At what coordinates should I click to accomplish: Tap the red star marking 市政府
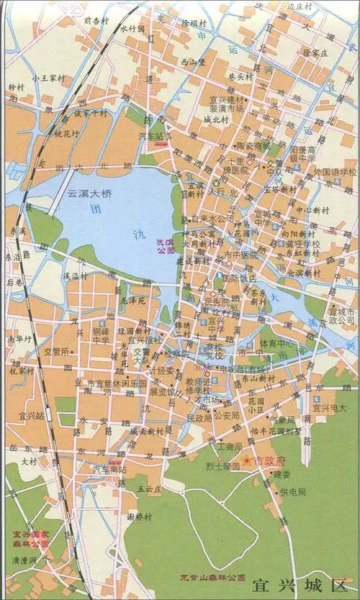246,460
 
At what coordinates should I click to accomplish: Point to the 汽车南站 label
107,469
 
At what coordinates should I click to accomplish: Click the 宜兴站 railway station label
32,416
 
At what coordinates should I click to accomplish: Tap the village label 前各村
96,21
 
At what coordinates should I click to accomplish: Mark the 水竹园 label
132,29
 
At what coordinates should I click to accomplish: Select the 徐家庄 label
315,53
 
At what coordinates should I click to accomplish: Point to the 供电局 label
293,492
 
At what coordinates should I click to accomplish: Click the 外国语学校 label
335,173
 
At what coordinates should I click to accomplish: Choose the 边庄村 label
301,6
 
